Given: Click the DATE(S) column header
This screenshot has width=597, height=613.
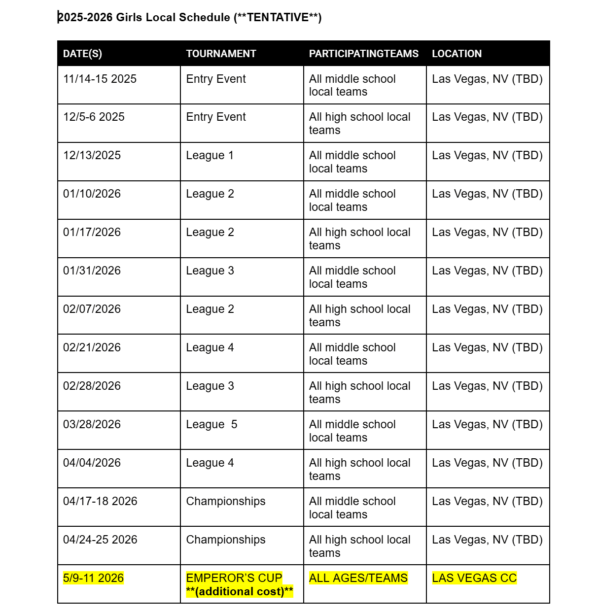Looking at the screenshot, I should tap(82, 54).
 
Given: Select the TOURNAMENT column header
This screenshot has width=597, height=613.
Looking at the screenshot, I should tap(221, 54).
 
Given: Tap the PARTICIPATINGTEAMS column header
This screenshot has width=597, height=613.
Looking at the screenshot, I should tap(363, 54).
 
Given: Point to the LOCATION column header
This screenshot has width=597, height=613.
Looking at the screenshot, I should tap(457, 54).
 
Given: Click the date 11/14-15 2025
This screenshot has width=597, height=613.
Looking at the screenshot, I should tap(100, 79).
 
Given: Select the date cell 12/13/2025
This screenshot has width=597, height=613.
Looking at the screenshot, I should tap(92, 155).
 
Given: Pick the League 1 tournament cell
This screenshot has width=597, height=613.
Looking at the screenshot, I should tap(210, 155).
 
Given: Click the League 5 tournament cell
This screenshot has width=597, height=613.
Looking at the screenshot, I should tap(211, 424).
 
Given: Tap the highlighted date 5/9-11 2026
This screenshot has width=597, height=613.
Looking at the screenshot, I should tap(93, 578).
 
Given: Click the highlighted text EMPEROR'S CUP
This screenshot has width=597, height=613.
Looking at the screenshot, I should tap(234, 578).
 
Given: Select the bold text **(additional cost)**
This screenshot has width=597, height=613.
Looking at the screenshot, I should tap(240, 591).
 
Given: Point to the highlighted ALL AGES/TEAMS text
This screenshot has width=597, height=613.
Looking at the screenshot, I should tap(358, 578).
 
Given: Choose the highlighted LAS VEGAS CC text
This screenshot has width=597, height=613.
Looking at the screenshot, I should tap(474, 578).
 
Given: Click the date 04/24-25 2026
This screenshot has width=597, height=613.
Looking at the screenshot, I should tap(100, 540).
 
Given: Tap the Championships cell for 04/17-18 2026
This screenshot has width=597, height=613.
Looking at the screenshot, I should tap(225, 501).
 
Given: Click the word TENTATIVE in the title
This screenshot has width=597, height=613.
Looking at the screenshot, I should tap(278, 18).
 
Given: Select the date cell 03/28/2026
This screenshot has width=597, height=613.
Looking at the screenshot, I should tap(92, 424).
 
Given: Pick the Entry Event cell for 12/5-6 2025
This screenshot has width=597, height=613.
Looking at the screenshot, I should tap(215, 117).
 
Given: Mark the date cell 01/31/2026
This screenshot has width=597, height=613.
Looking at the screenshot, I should tap(92, 271).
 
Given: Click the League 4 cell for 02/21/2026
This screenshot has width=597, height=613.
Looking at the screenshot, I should tap(210, 347).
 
